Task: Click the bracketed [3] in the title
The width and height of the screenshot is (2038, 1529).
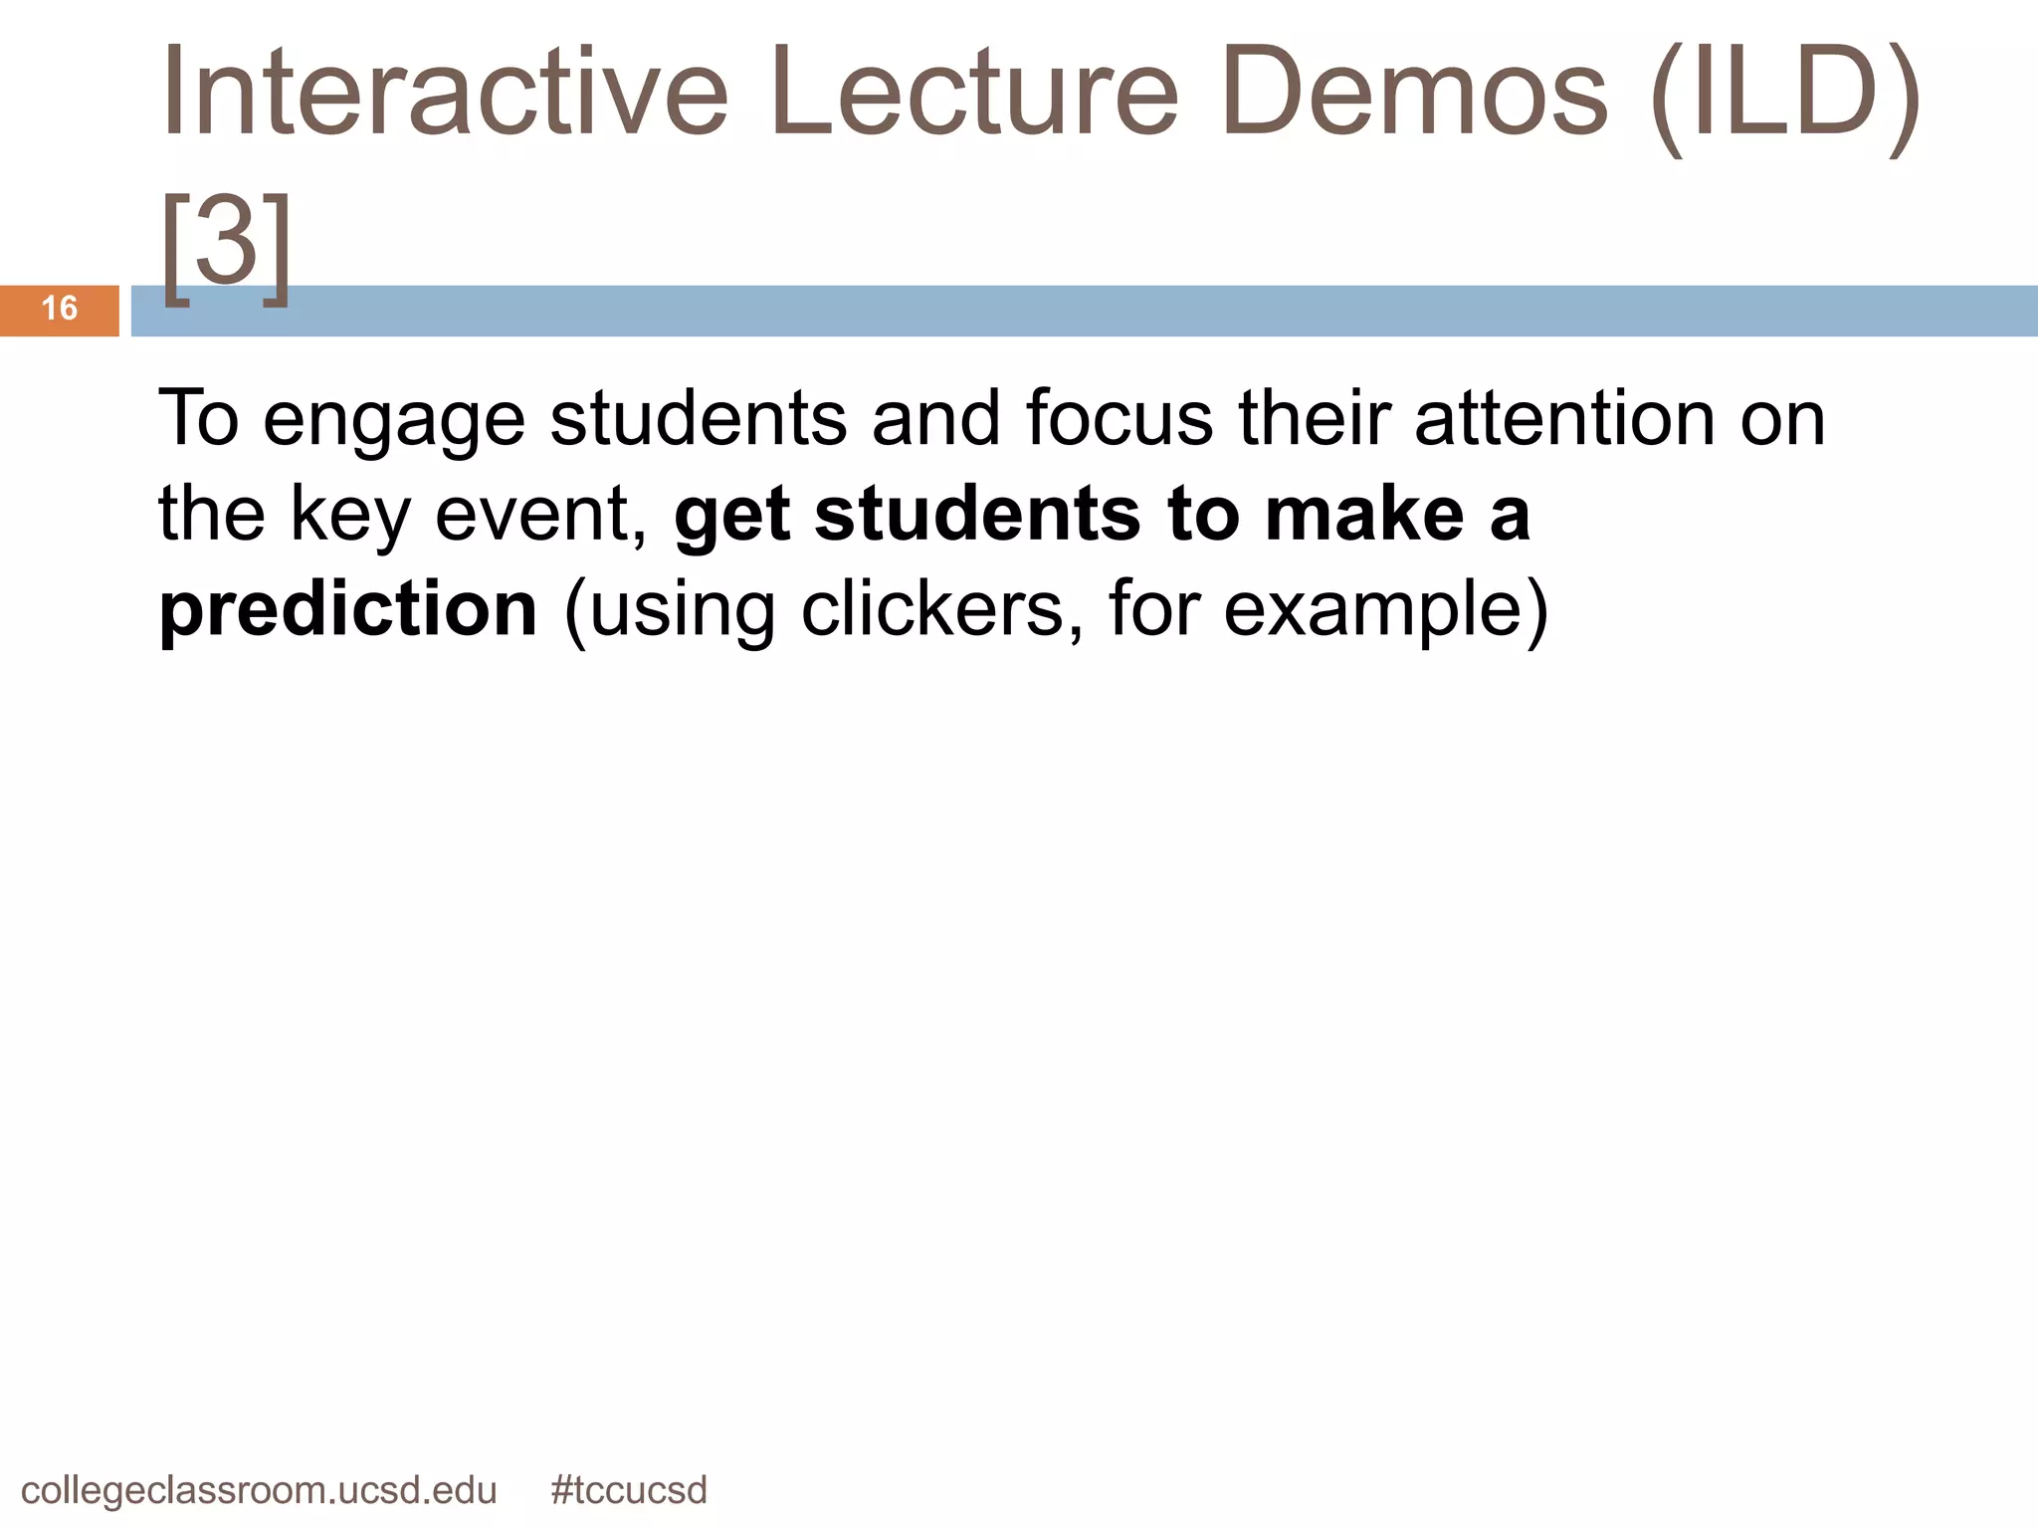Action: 227,244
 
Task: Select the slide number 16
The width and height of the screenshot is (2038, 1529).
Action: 60,309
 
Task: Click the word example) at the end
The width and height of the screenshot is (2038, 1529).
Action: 1385,609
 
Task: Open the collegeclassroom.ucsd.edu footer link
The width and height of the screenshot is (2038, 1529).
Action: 259,1490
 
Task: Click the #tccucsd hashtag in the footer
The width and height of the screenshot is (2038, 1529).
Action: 629,1490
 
